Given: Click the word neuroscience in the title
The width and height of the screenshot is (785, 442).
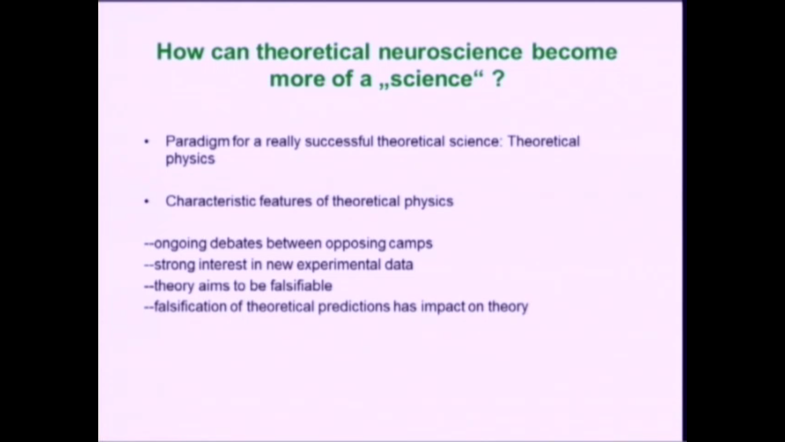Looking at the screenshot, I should [450, 52].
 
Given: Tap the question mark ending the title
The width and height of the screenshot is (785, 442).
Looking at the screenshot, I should [498, 78].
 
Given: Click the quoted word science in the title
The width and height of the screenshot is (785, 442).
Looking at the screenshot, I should [431, 78].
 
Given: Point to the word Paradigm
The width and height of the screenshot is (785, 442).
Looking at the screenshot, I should [197, 142].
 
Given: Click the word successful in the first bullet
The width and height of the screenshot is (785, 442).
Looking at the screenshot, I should [339, 142].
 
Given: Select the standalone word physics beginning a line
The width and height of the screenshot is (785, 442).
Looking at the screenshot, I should [190, 159].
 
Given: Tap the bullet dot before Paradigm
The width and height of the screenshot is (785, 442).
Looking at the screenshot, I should [147, 142].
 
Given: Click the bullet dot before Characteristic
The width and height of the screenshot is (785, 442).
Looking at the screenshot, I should [147, 201].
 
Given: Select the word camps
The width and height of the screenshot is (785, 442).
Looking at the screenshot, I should [410, 244].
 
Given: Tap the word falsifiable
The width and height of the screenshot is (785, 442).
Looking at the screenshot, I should [301, 286].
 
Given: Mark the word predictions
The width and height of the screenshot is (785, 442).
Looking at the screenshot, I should [354, 307].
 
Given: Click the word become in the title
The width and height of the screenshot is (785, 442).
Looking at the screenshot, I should [574, 52].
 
